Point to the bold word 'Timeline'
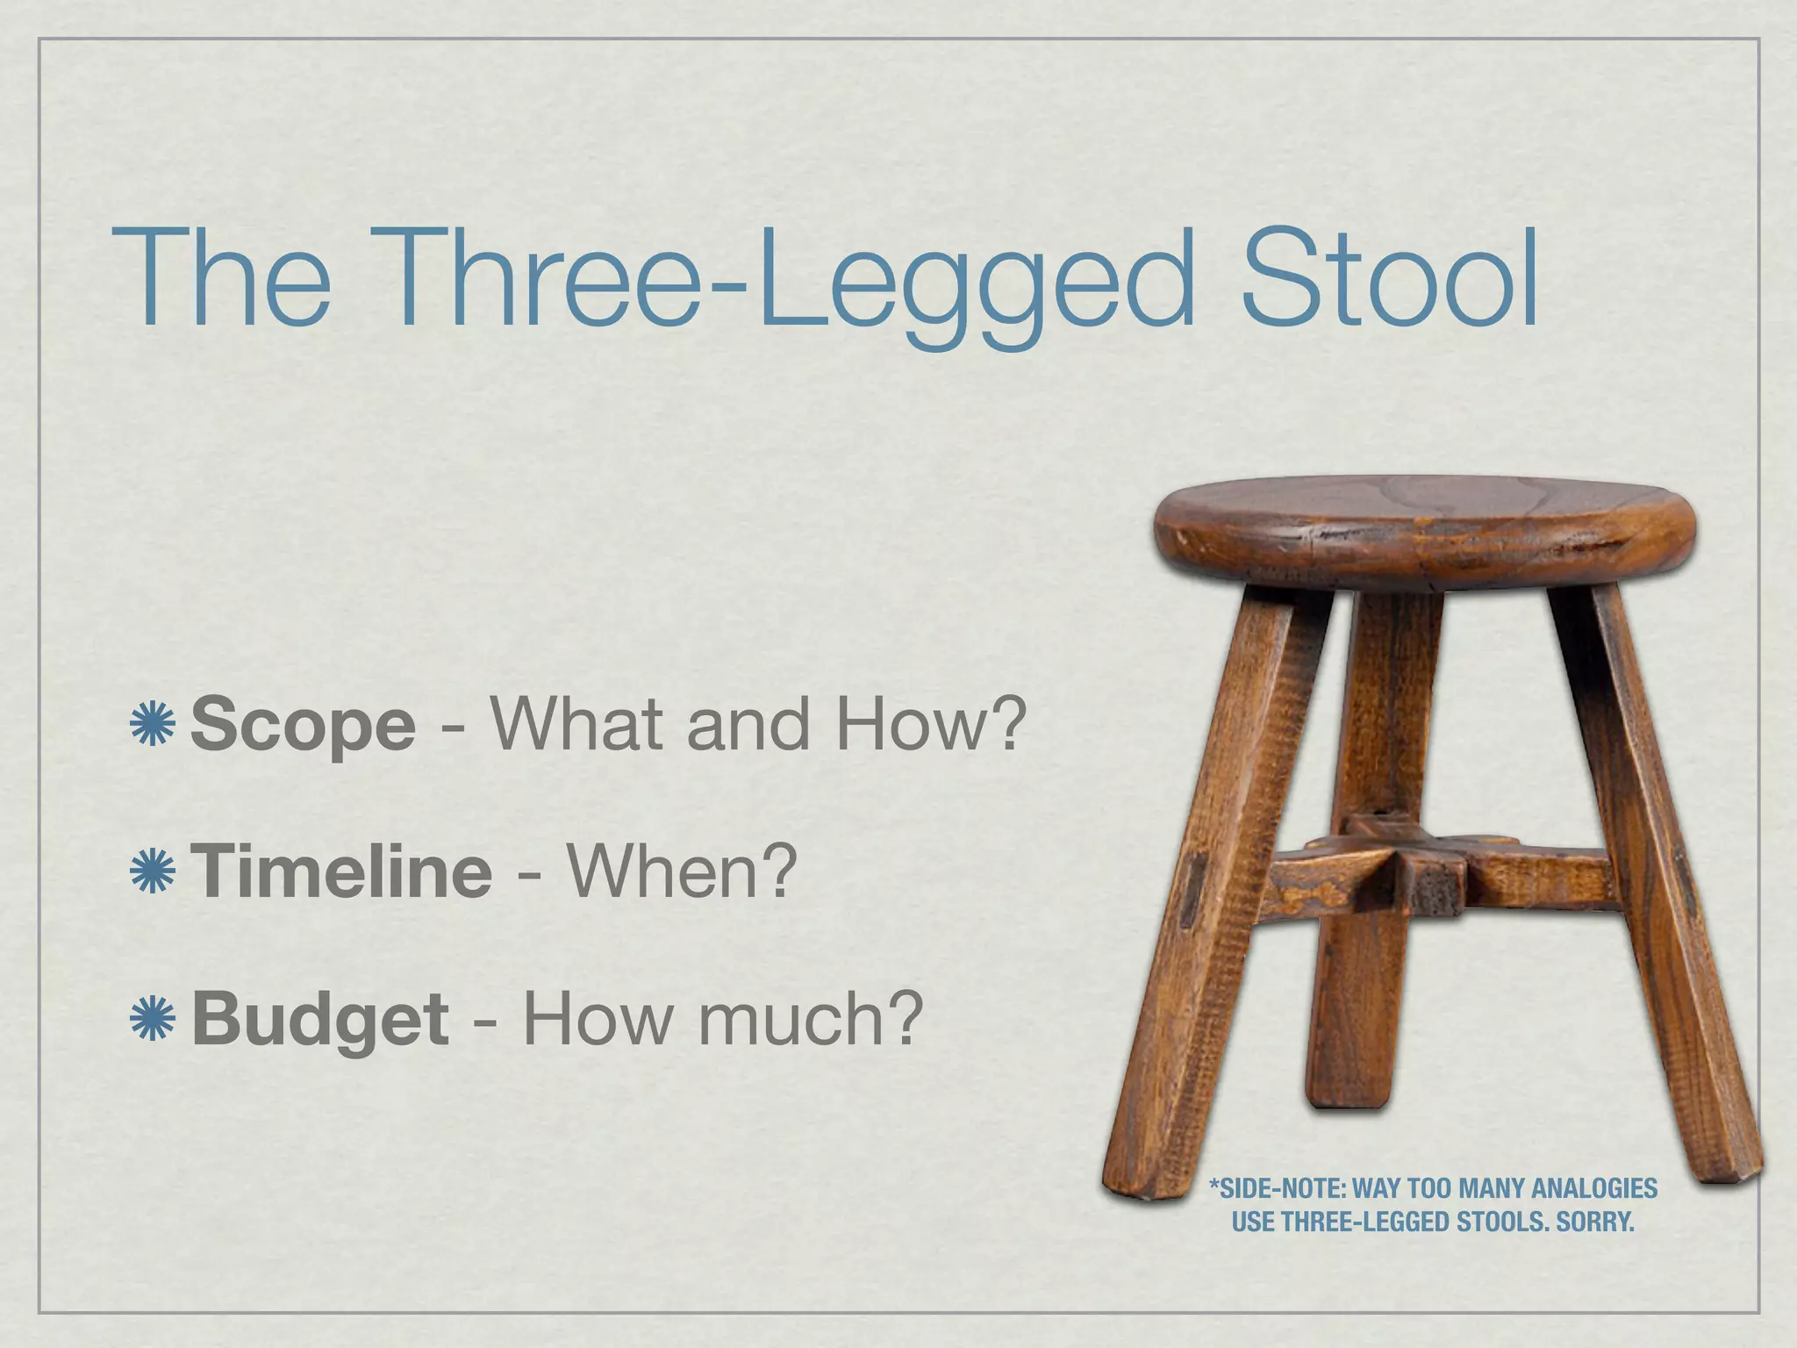[341, 871]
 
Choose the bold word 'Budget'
[319, 1020]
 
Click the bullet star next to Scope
[153, 726]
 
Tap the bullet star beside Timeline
[153, 871]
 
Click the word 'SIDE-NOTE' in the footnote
[1277, 1189]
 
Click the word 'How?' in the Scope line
[930, 726]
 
